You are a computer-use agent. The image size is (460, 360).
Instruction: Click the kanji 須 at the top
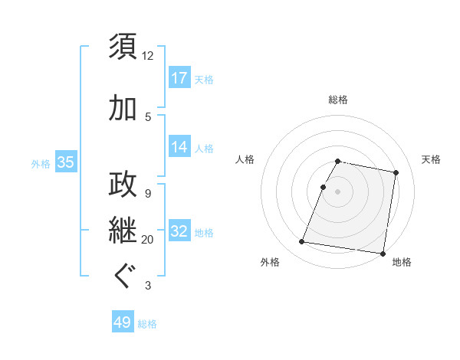(123, 46)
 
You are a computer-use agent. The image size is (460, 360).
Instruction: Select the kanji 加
(123, 109)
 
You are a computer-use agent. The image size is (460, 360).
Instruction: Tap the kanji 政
(123, 185)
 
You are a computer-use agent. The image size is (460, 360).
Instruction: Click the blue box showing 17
(179, 77)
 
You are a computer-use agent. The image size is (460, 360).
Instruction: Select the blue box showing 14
(179, 147)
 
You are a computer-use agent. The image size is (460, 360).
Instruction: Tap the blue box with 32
(179, 231)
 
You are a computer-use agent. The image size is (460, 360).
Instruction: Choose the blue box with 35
(65, 162)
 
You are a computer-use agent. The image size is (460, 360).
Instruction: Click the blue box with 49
(123, 322)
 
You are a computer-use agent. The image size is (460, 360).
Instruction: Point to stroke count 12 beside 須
(148, 56)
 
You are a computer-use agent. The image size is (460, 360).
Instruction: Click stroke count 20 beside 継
(148, 240)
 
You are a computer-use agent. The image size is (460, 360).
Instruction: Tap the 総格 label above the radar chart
(338, 100)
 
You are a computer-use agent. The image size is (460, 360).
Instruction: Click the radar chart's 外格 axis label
(270, 262)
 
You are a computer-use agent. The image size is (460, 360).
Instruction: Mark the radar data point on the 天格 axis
(396, 173)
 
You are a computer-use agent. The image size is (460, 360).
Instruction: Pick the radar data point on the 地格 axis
(383, 253)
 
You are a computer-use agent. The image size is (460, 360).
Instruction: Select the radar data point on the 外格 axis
(302, 242)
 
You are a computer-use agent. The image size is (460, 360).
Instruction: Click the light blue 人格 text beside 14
(204, 148)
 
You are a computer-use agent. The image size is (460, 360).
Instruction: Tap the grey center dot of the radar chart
(338, 192)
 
